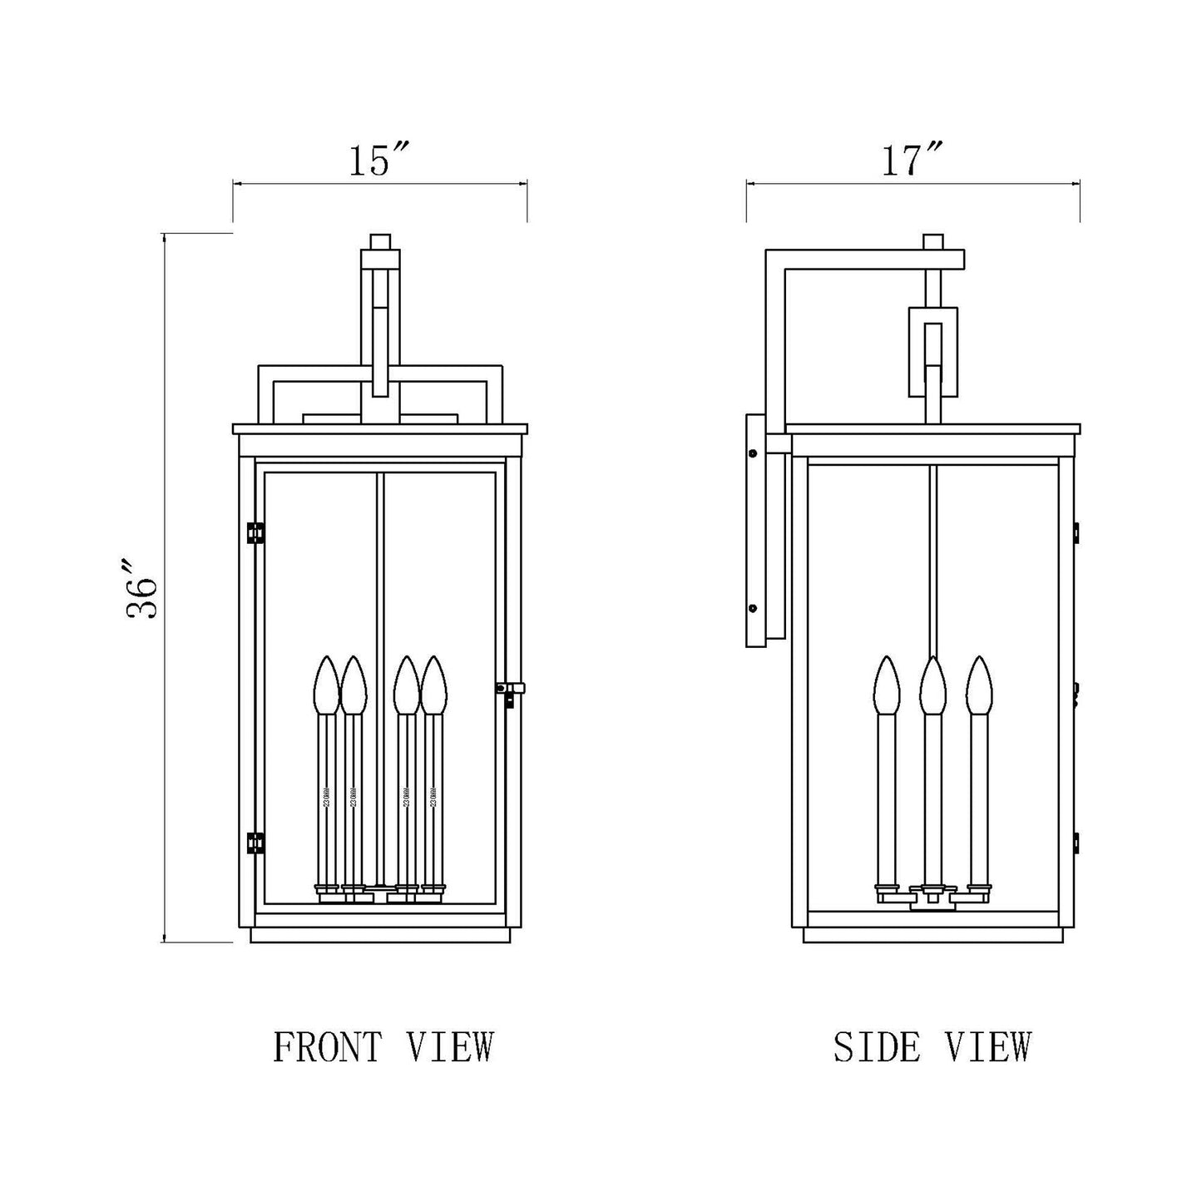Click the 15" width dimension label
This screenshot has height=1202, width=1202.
(x=379, y=161)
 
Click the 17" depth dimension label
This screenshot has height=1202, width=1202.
(x=912, y=161)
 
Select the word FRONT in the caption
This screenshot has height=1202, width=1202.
(x=329, y=1046)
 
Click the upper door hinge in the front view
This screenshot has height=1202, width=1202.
(x=255, y=532)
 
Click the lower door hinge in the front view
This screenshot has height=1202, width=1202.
(x=255, y=843)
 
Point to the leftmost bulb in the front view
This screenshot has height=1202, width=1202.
(x=325, y=685)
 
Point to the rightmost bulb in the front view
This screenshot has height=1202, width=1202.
(x=433, y=685)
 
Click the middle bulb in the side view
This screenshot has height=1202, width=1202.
(x=933, y=685)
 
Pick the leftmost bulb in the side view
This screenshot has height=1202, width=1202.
(x=887, y=685)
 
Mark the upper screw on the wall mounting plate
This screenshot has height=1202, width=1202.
(x=753, y=454)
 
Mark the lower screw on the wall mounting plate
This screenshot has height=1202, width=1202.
(x=753, y=608)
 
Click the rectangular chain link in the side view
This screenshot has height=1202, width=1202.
(x=932, y=350)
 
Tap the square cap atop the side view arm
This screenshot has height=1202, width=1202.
(x=934, y=242)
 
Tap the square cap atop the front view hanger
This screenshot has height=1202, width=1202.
(x=380, y=241)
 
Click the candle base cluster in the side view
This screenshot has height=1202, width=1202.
(x=932, y=896)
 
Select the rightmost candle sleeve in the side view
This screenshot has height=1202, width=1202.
(x=980, y=799)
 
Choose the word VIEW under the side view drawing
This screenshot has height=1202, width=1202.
(x=988, y=1046)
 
